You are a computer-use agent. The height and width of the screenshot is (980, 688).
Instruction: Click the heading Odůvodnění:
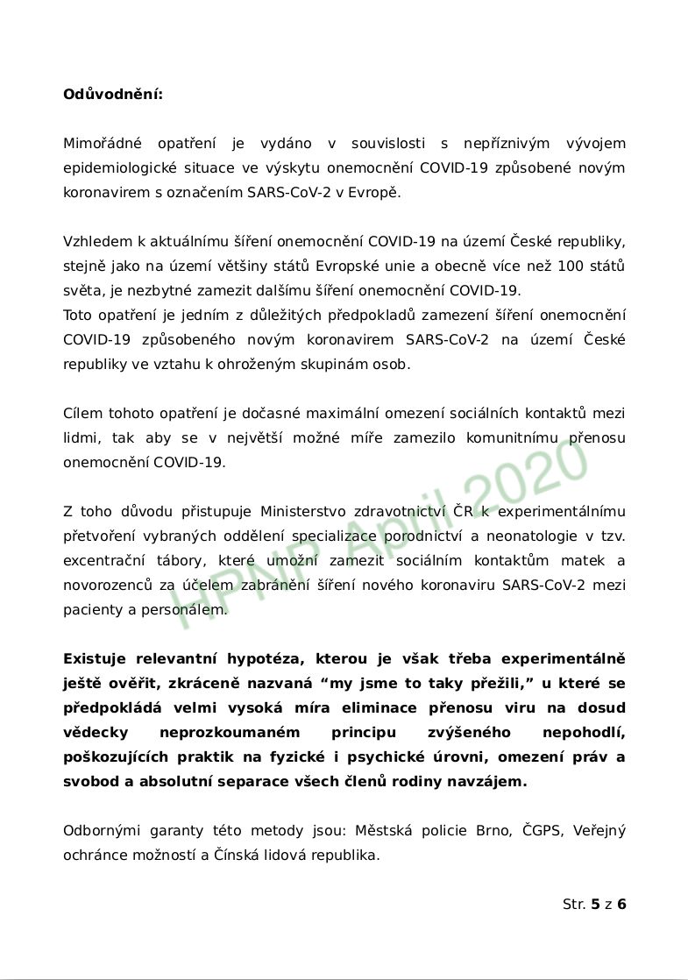(x=112, y=94)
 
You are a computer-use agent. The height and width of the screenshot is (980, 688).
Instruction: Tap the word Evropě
(x=377, y=192)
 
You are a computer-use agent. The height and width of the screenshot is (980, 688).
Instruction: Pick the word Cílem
(x=82, y=413)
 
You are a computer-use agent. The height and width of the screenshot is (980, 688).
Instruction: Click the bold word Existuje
(x=96, y=658)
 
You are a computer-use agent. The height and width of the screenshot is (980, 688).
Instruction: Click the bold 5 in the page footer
(x=596, y=904)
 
